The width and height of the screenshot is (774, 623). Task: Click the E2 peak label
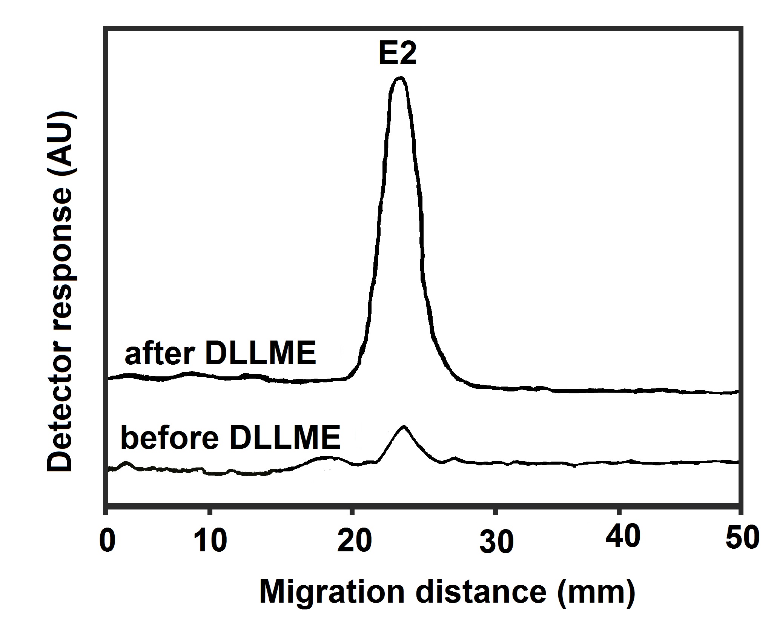(x=398, y=55)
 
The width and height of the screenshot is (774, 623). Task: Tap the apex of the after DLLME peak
(x=399, y=78)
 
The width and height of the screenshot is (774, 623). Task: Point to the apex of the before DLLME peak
(x=404, y=427)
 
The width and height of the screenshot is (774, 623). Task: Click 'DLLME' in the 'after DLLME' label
(x=261, y=354)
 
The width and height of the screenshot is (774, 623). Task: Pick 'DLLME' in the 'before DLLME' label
(x=285, y=439)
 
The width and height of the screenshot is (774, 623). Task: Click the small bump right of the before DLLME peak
(x=455, y=459)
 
